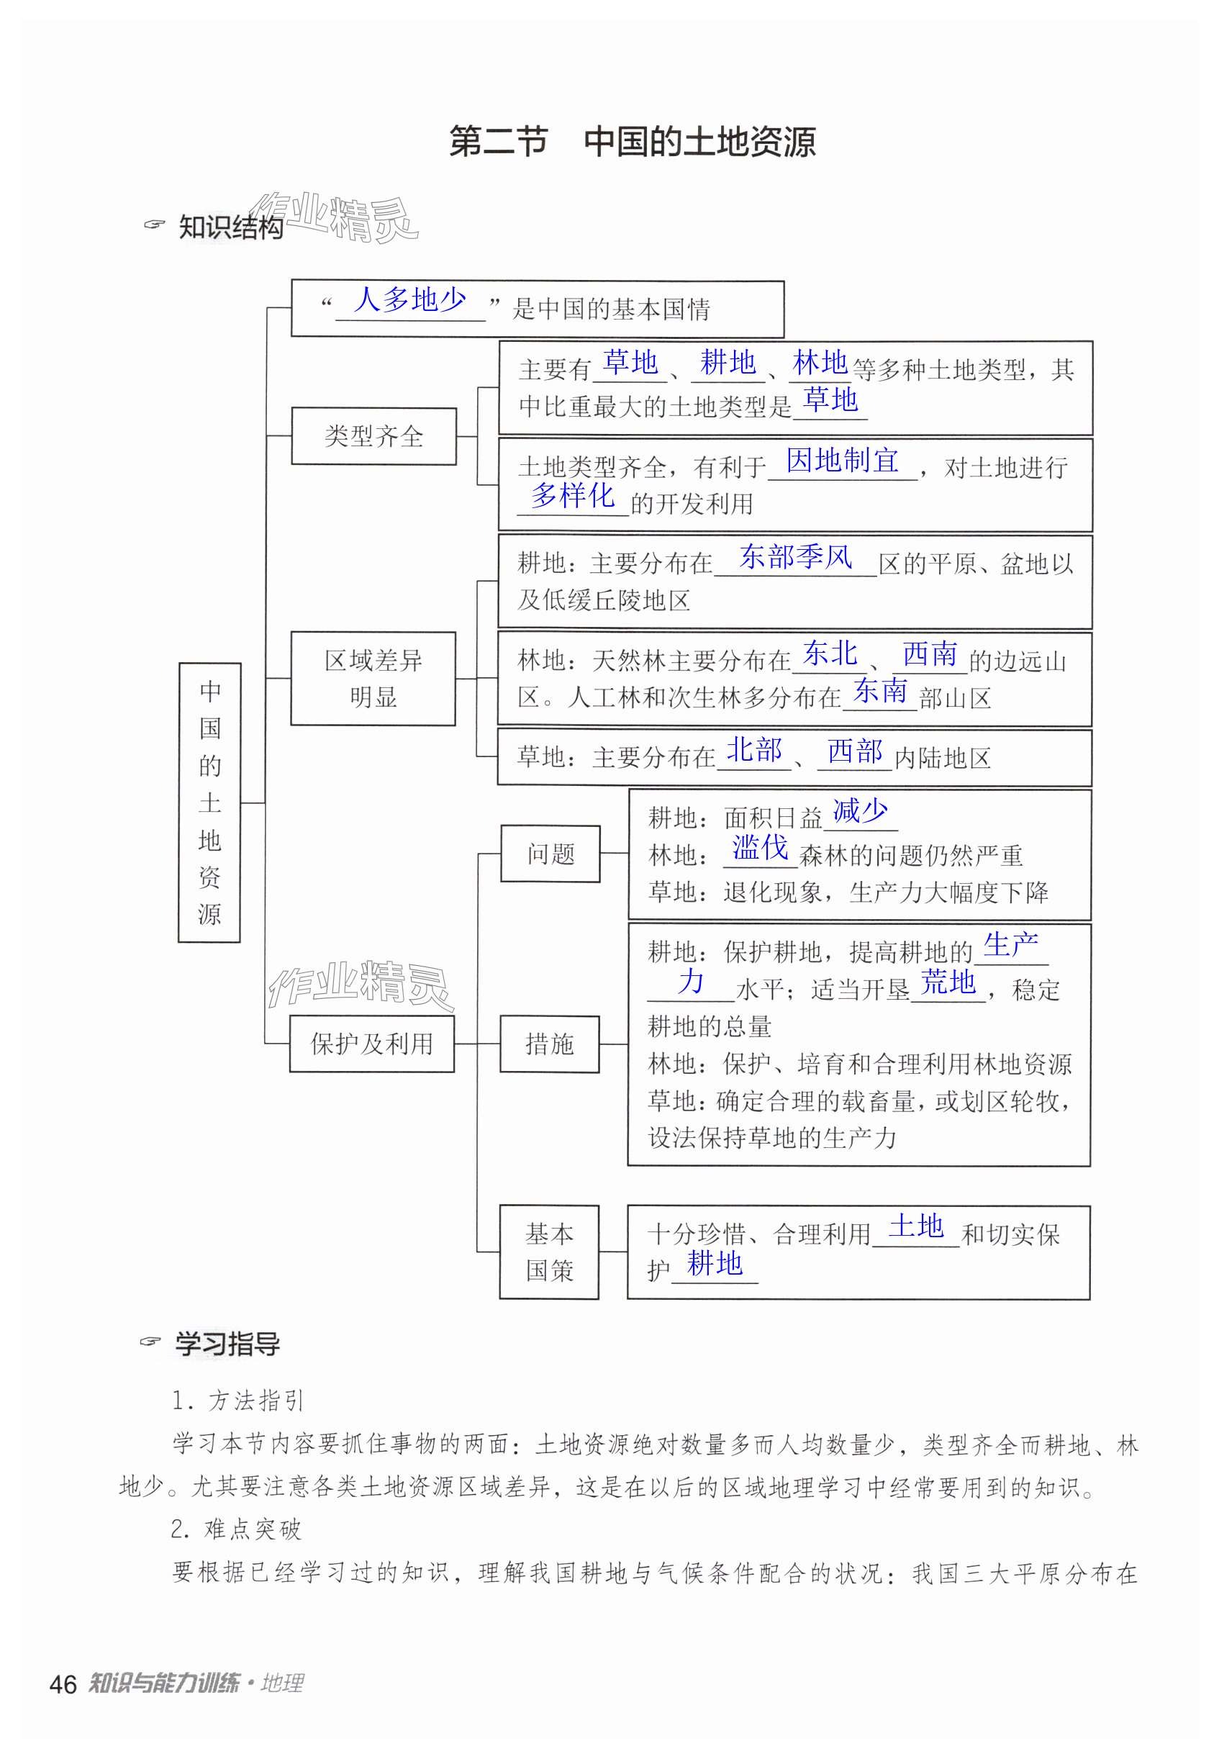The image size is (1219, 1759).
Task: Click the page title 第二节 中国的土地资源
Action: click(632, 142)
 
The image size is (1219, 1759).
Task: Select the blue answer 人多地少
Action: click(409, 299)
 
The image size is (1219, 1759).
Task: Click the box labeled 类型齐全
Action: click(373, 436)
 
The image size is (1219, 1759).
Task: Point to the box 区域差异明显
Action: click(373, 678)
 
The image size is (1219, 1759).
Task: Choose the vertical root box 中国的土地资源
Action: click(209, 802)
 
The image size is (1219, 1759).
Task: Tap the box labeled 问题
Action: click(550, 853)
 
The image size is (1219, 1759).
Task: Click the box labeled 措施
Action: click(549, 1044)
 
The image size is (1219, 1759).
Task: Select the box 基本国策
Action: click(549, 1252)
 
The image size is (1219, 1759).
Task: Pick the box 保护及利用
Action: click(372, 1044)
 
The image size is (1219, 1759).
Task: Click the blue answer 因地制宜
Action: click(842, 461)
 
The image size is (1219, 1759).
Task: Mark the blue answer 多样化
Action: click(573, 496)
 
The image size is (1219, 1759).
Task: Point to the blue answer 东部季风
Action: click(795, 557)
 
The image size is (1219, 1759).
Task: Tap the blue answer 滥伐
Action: click(760, 848)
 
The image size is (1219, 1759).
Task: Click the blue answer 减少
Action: click(860, 810)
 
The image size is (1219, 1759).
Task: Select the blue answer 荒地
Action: click(948, 982)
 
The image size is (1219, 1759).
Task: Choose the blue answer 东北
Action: click(830, 654)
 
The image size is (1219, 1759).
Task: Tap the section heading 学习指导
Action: click(227, 1344)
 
